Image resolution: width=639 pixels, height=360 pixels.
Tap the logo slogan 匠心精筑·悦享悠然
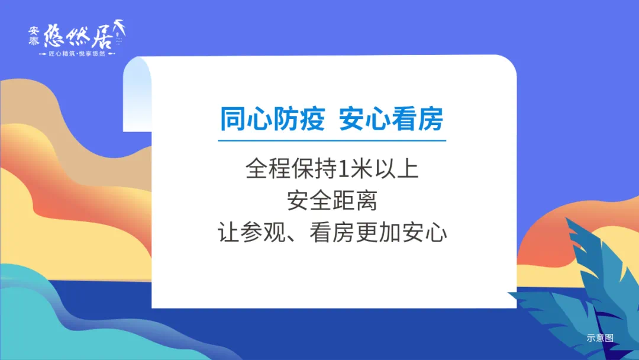click(77, 54)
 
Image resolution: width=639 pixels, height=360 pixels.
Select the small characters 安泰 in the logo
click(34, 36)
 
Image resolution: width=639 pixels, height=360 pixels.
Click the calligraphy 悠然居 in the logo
click(78, 36)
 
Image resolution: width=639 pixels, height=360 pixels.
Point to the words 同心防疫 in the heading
click(272, 119)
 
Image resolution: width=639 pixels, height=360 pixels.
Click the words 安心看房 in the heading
click(391, 119)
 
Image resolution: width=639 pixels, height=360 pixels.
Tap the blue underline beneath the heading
click(332, 141)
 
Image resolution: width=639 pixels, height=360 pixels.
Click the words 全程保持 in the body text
click(292, 169)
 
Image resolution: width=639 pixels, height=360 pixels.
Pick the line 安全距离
click(332, 201)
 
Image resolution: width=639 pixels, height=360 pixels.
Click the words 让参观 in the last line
click(252, 233)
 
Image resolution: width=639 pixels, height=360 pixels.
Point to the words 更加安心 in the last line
click(401, 233)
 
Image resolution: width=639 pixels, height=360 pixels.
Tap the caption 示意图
click(600, 338)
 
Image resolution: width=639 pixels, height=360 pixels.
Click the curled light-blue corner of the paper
click(137, 94)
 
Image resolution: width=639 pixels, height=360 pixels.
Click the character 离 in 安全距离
click(366, 201)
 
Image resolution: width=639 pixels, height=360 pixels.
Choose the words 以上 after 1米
click(396, 169)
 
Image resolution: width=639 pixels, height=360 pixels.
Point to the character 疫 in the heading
click(312, 119)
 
